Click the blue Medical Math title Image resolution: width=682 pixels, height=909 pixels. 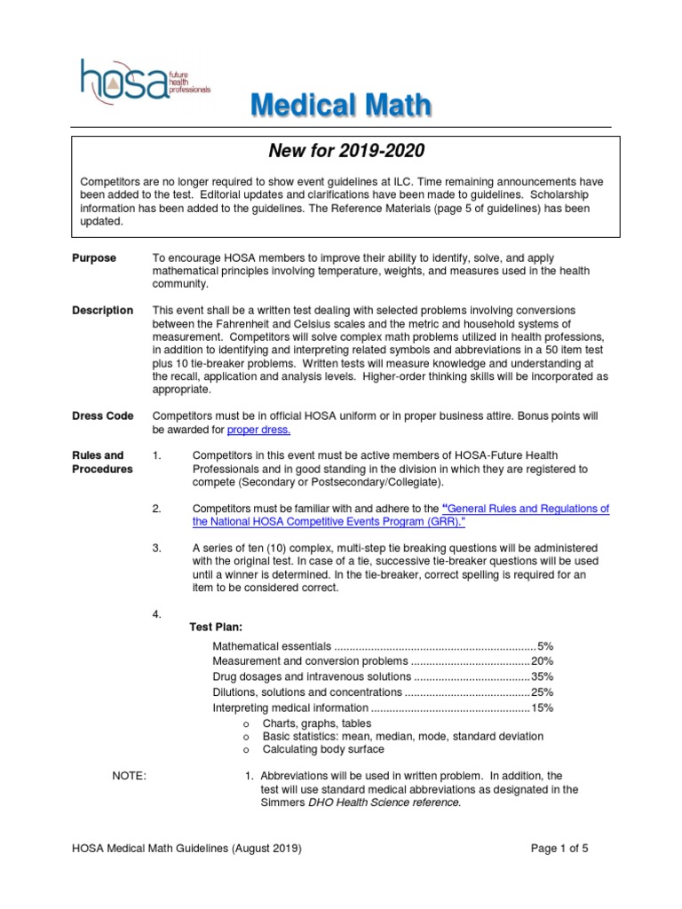pyautogui.click(x=341, y=107)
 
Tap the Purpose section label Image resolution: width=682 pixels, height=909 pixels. pyautogui.click(x=94, y=257)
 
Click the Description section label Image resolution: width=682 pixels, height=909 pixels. pyautogui.click(x=102, y=311)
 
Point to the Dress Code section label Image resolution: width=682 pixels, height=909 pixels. pyautogui.click(x=102, y=415)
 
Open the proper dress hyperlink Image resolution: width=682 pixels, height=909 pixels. pyautogui.click(x=258, y=430)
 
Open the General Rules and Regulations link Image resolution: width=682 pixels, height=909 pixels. pyautogui.click(x=400, y=516)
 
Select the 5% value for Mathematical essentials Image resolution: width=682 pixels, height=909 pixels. pyautogui.click(x=544, y=645)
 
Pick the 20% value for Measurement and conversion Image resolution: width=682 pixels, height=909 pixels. pyautogui.click(x=542, y=661)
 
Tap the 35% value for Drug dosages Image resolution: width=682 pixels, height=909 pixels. pyautogui.click(x=542, y=676)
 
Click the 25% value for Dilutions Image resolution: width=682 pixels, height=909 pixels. pyautogui.click(x=542, y=692)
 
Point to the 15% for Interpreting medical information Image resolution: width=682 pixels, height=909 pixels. pyautogui.click(x=542, y=707)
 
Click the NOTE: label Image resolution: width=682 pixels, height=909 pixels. pyautogui.click(x=128, y=775)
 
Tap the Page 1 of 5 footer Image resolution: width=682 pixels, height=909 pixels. pyautogui.click(x=559, y=848)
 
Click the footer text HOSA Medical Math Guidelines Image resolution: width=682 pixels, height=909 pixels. pyautogui.click(x=186, y=848)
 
